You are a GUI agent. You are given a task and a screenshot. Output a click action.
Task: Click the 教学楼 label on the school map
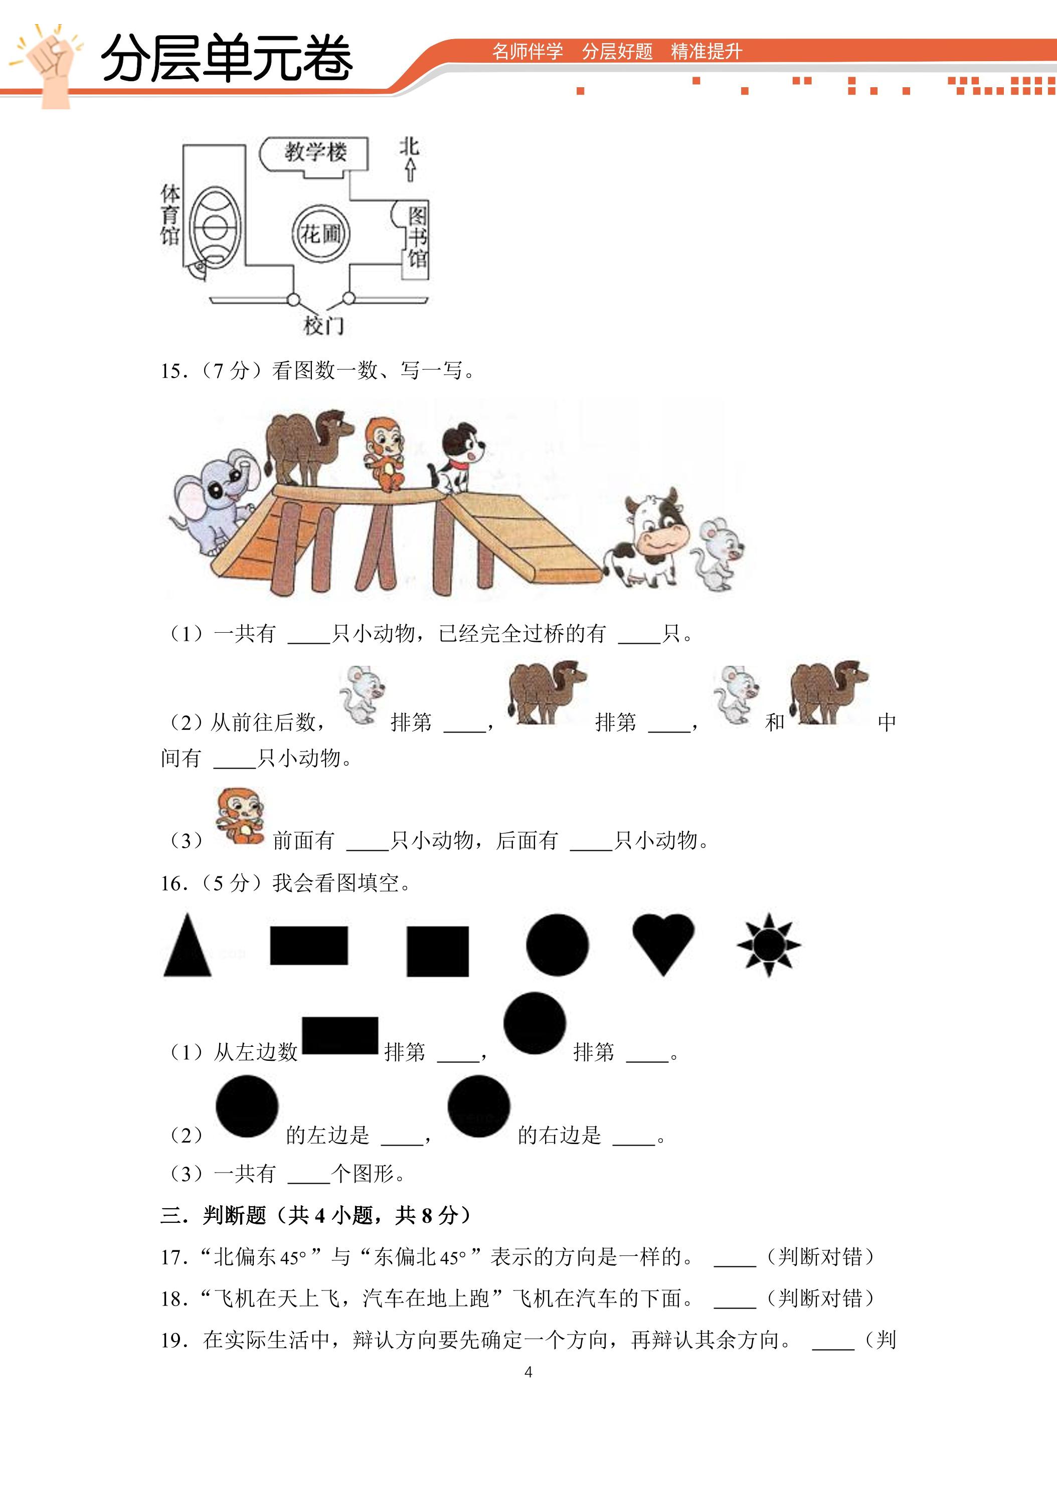315,152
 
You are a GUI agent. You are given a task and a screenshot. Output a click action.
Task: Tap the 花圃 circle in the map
320,233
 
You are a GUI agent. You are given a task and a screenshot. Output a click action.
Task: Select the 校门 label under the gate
324,325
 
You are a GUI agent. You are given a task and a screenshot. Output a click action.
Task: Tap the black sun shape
769,945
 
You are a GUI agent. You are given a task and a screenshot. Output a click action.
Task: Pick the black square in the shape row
438,952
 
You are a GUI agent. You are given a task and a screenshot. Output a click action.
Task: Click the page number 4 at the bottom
528,1373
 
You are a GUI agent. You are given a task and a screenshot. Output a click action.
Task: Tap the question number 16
173,883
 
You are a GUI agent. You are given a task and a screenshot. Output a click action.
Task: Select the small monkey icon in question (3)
240,817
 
